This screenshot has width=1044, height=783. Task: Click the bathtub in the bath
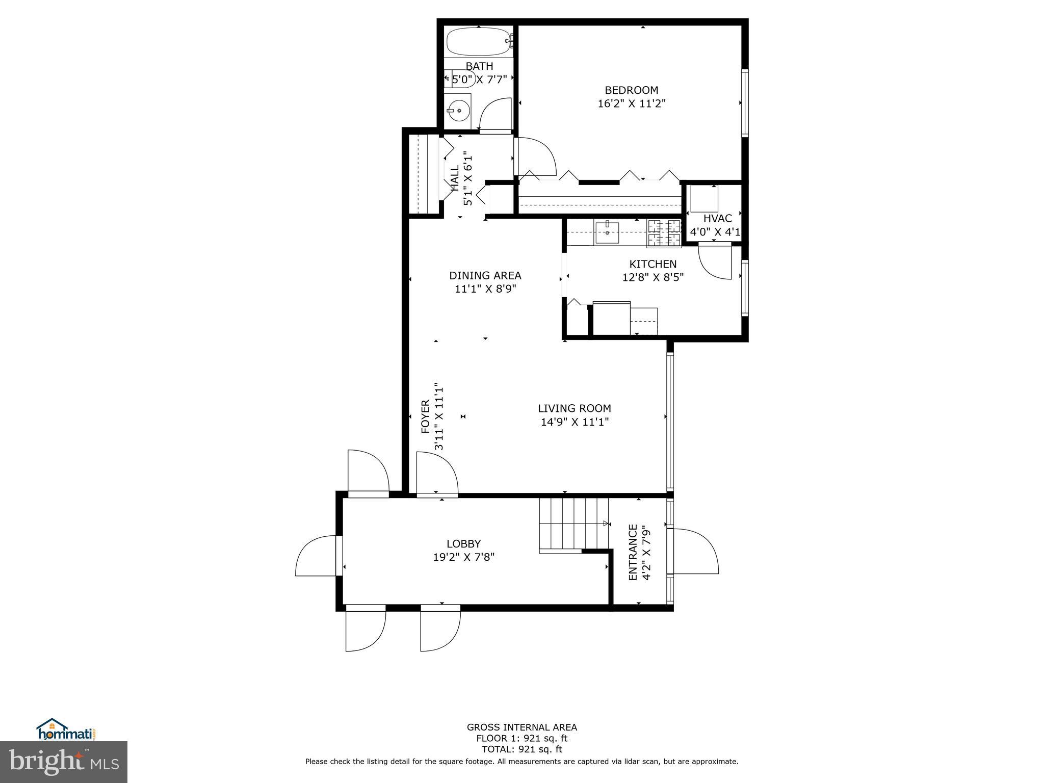(x=478, y=41)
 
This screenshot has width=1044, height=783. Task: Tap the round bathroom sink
(x=459, y=110)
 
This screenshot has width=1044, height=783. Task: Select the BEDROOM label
(x=631, y=90)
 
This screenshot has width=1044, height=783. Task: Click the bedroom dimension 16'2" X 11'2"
(x=631, y=103)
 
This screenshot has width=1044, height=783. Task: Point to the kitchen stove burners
(x=664, y=233)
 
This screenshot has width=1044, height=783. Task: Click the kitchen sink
(x=607, y=232)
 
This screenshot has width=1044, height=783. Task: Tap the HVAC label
(x=717, y=219)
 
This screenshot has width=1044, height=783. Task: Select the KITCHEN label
(x=652, y=264)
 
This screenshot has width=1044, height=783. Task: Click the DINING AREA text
(x=485, y=276)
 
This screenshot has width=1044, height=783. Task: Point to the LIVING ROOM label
(x=574, y=408)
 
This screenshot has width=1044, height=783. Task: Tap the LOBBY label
(x=463, y=544)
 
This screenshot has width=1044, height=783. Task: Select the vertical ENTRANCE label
(x=633, y=552)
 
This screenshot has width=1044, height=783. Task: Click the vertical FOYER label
(x=425, y=416)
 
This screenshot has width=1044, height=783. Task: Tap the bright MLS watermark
(x=64, y=762)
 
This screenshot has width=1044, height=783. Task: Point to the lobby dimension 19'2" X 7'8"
(x=463, y=557)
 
